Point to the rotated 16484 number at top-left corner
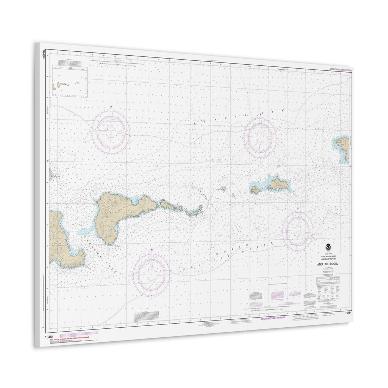[x=44, y=54]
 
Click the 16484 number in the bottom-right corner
[x=348, y=313]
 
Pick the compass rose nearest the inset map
[x=111, y=131]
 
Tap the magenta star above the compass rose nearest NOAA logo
[x=298, y=208]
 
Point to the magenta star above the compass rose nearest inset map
[x=111, y=106]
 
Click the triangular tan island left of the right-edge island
[x=277, y=184]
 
